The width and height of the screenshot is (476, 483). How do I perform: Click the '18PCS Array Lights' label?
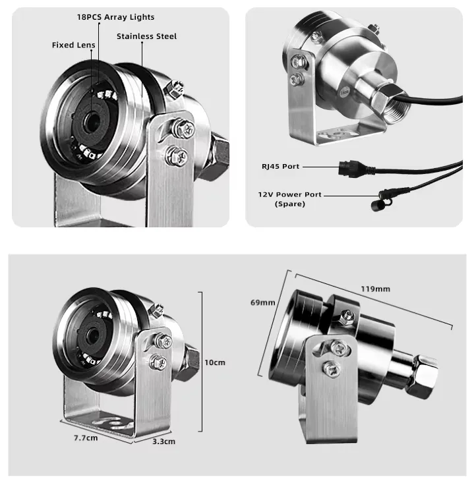tap(115, 17)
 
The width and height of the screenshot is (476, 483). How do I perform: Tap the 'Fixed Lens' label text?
tap(74, 45)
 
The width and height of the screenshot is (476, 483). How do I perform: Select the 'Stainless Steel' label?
tap(147, 36)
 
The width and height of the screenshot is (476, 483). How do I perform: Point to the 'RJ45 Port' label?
tap(281, 166)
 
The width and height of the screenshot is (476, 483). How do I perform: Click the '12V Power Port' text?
tap(290, 194)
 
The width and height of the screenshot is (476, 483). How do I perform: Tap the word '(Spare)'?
tap(290, 204)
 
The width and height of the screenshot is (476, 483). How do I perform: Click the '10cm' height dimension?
tap(215, 362)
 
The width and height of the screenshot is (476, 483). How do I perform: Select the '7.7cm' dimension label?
tap(86, 438)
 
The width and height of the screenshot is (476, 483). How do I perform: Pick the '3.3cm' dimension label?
tap(164, 441)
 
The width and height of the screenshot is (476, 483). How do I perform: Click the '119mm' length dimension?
tap(376, 289)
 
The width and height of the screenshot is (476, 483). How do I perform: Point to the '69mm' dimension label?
tap(262, 302)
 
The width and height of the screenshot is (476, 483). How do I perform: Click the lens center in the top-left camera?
tap(92, 121)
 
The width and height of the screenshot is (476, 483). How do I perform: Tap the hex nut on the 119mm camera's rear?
tap(423, 376)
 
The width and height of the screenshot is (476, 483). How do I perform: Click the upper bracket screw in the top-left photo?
tap(184, 128)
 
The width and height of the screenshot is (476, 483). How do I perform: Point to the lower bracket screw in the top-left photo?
tap(177, 156)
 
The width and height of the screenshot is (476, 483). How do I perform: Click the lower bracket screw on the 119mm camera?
tap(331, 368)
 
